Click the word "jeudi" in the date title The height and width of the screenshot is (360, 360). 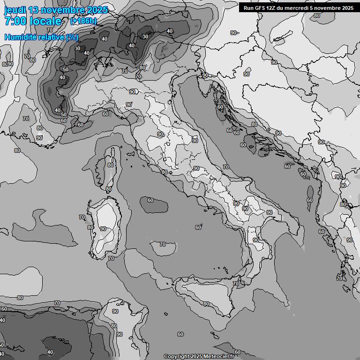(x=15, y=10)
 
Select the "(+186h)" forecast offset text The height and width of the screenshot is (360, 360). (x=83, y=21)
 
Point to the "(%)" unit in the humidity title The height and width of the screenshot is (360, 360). (x=72, y=37)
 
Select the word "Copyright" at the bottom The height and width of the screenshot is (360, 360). (x=177, y=357)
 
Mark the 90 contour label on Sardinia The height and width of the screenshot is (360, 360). (x=103, y=229)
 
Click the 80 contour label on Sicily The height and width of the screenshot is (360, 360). (x=206, y=304)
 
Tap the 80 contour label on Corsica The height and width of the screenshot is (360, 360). (x=111, y=165)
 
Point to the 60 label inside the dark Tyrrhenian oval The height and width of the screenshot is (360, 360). (x=150, y=201)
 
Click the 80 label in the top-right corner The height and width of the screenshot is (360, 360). (x=317, y=15)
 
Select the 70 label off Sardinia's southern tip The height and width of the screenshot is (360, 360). (x=111, y=258)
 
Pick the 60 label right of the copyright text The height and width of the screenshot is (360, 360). (x=238, y=352)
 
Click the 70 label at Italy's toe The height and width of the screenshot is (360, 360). (x=235, y=284)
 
